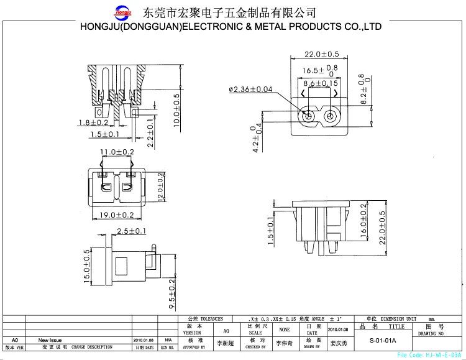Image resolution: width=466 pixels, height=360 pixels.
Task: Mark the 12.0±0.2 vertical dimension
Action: [x=160, y=187]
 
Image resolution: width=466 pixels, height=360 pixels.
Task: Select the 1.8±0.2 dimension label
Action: [x=93, y=122]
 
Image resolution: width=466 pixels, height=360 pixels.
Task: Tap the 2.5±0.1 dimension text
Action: [x=130, y=231]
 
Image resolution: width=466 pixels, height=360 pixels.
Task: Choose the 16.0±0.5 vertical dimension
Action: [x=363, y=225]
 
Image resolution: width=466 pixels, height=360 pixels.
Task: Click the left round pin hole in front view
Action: [x=308, y=116]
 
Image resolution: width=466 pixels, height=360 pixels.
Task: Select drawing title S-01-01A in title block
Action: [x=383, y=341]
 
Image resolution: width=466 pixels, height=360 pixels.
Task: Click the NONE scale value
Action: [x=284, y=330]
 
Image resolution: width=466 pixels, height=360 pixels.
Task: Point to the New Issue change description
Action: [x=50, y=340]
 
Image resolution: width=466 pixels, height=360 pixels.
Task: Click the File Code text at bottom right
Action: [x=429, y=355]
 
